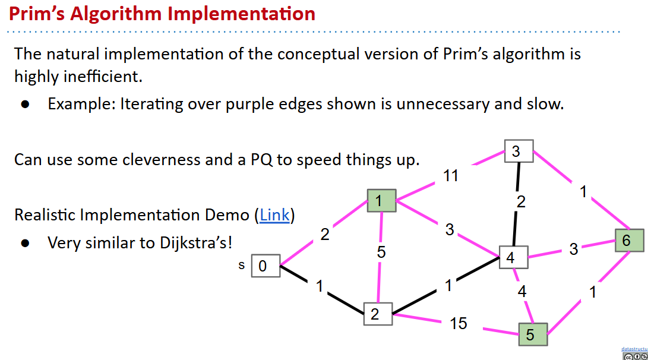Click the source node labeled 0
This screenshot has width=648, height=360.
click(x=263, y=266)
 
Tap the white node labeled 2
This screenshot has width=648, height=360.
click(x=378, y=314)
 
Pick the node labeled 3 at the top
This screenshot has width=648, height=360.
click(x=519, y=151)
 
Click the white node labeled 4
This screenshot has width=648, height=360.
click(x=511, y=258)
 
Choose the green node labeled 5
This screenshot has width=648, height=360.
click(x=533, y=334)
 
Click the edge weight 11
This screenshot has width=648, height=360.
click(x=451, y=176)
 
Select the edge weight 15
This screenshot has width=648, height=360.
click(x=458, y=323)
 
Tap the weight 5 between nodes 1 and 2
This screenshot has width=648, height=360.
click(x=381, y=252)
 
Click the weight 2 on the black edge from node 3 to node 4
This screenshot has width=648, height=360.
click(x=521, y=202)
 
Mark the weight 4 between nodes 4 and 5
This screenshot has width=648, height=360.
click(x=521, y=291)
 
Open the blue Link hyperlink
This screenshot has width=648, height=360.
click(x=274, y=215)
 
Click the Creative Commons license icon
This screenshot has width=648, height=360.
click(x=634, y=356)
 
